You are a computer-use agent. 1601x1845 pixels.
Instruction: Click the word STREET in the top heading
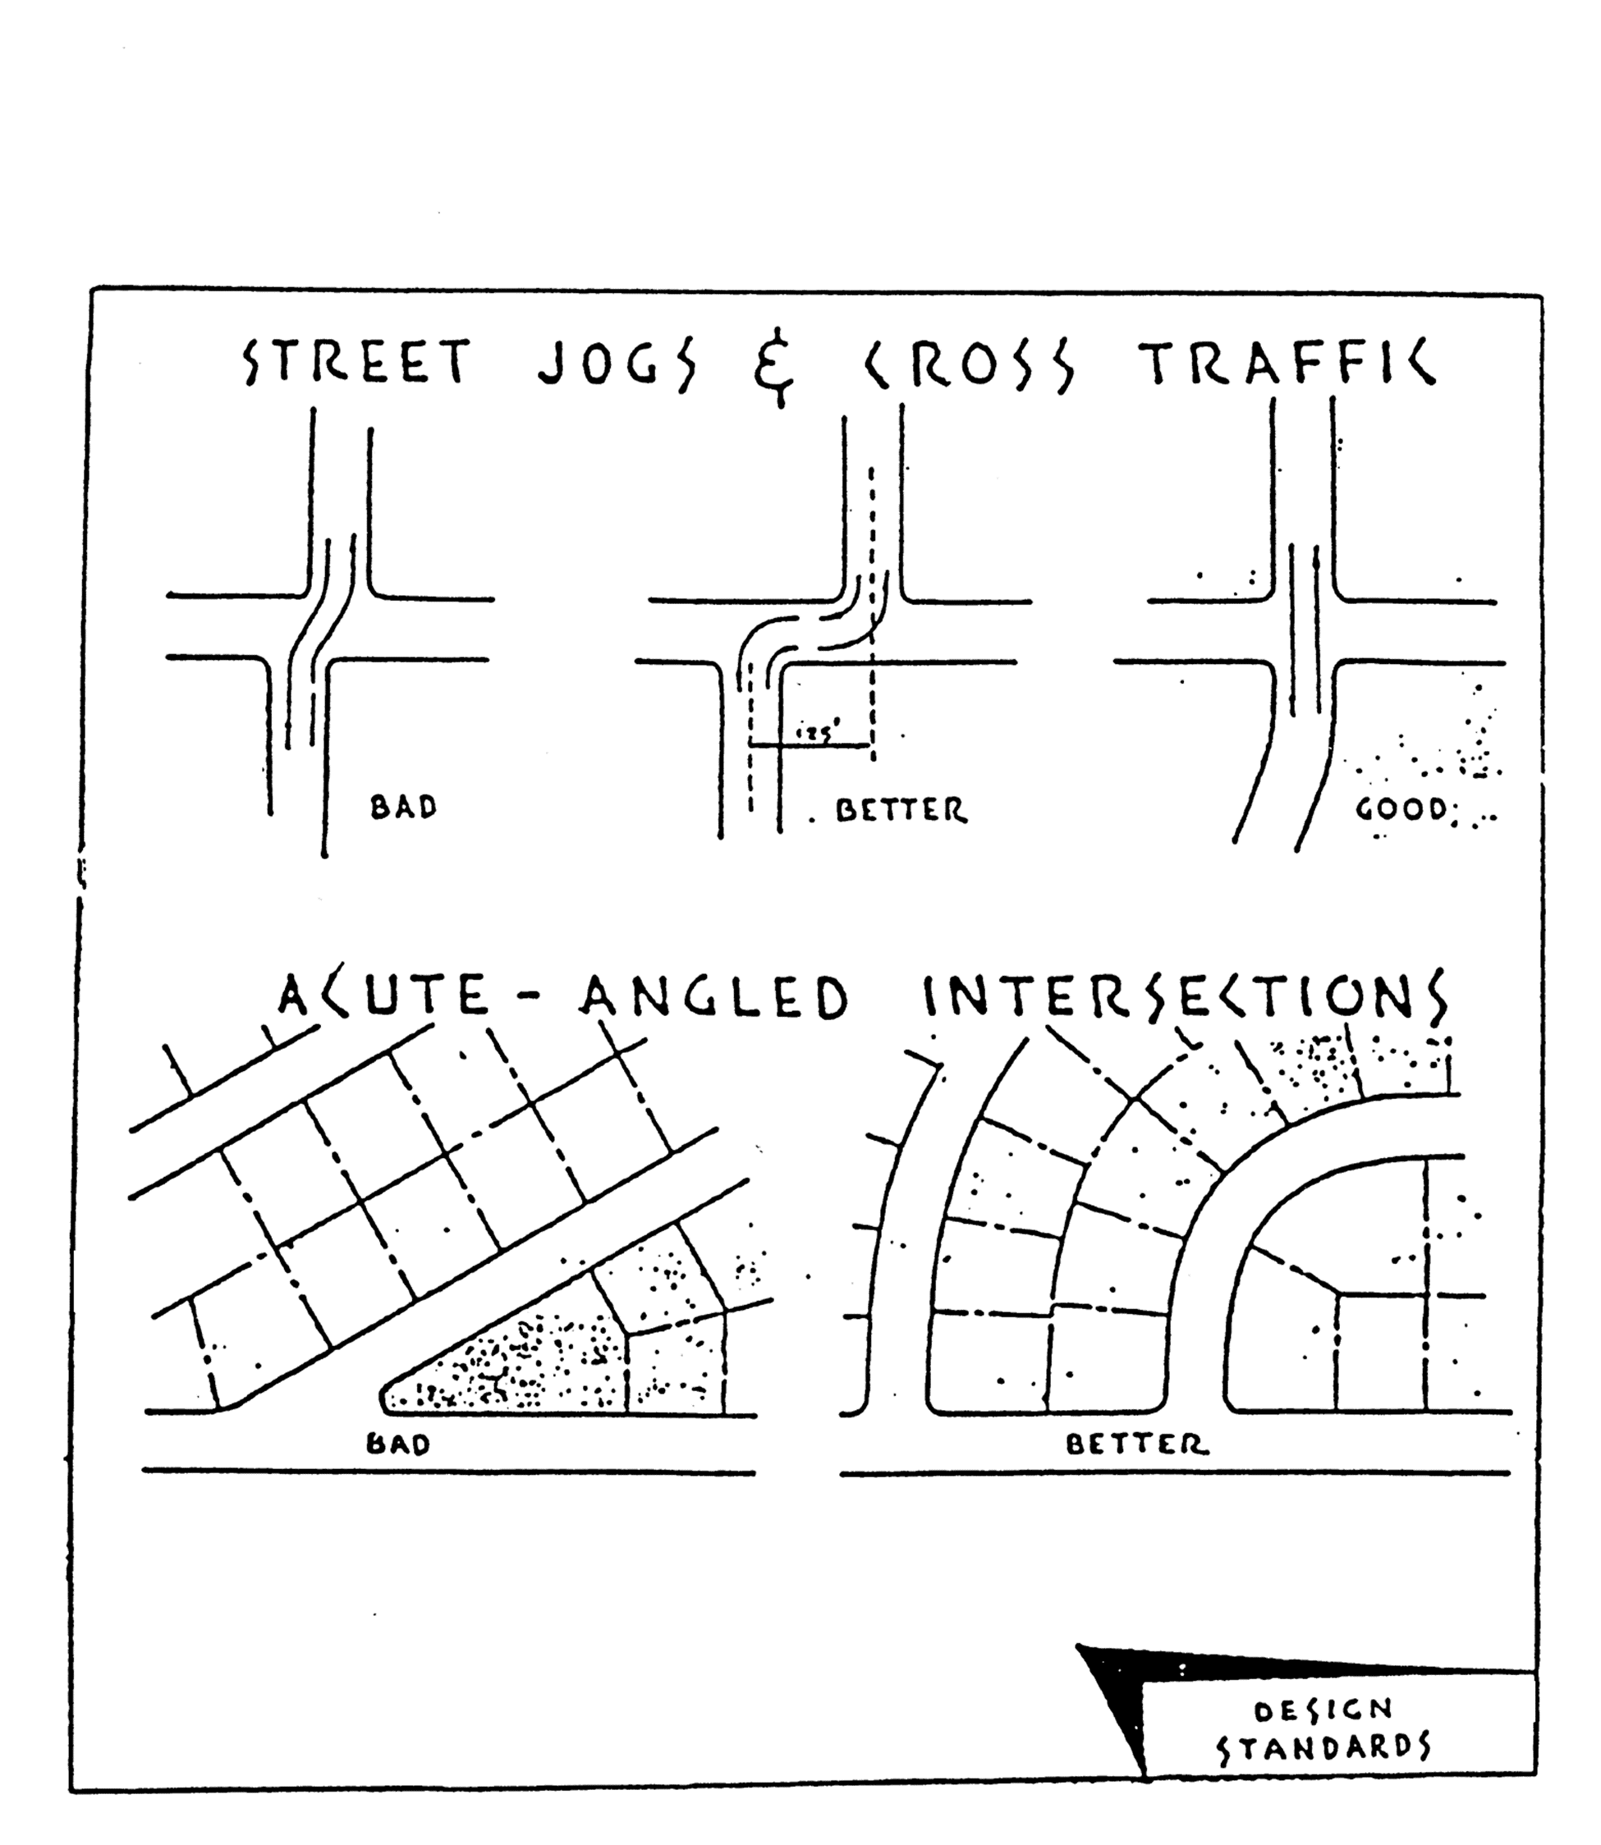click(356, 364)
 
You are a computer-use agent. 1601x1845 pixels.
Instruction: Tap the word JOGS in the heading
click(616, 364)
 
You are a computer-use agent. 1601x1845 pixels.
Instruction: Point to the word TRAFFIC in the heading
click(1287, 364)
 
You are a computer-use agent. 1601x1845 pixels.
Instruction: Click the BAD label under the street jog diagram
click(404, 808)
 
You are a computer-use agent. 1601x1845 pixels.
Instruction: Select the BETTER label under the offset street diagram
click(901, 811)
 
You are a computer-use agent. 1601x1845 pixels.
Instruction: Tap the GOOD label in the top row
click(1400, 809)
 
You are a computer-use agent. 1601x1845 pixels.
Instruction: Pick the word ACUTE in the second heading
click(383, 996)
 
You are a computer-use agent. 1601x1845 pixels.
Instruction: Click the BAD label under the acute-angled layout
click(398, 1444)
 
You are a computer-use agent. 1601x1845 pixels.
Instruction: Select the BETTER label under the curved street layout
click(1137, 1444)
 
